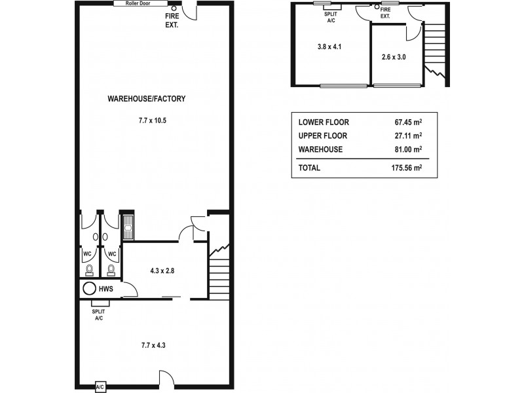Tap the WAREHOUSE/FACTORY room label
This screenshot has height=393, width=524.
click(147, 99)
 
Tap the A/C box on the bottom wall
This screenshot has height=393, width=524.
click(100, 386)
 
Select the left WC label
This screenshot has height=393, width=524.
click(86, 254)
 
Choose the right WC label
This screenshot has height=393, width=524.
click(112, 254)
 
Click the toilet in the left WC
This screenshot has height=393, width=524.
click(88, 269)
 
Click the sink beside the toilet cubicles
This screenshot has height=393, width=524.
click(128, 227)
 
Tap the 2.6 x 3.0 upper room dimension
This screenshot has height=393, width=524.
click(394, 57)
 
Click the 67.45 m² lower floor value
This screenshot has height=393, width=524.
click(404, 122)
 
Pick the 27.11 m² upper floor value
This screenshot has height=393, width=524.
click(404, 136)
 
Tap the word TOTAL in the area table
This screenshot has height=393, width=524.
click(309, 168)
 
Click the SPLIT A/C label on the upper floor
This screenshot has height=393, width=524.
click(331, 17)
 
